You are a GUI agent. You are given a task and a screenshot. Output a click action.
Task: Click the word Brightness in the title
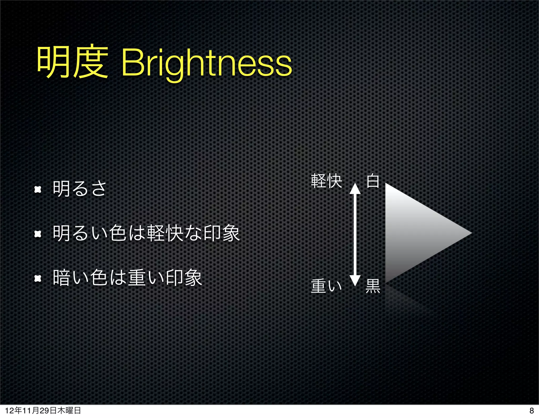[207, 63]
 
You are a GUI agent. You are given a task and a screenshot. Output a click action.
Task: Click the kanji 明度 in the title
[72, 62]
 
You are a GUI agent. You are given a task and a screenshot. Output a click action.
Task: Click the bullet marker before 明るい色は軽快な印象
[38, 234]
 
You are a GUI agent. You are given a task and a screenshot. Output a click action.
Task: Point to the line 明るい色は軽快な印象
[146, 233]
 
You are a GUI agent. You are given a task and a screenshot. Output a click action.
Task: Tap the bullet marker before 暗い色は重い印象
[38, 278]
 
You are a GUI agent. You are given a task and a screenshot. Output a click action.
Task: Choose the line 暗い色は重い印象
[127, 278]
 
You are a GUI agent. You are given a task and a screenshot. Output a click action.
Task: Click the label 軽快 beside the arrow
[326, 181]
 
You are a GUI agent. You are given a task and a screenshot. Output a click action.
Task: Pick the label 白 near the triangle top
[373, 181]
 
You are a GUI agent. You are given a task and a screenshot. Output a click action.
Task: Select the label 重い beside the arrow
[326, 286]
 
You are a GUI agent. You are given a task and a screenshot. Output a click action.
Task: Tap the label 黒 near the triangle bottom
[373, 286]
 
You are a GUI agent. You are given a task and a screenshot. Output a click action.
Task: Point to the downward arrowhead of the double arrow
[355, 280]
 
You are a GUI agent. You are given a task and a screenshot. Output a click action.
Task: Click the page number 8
[531, 411]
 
